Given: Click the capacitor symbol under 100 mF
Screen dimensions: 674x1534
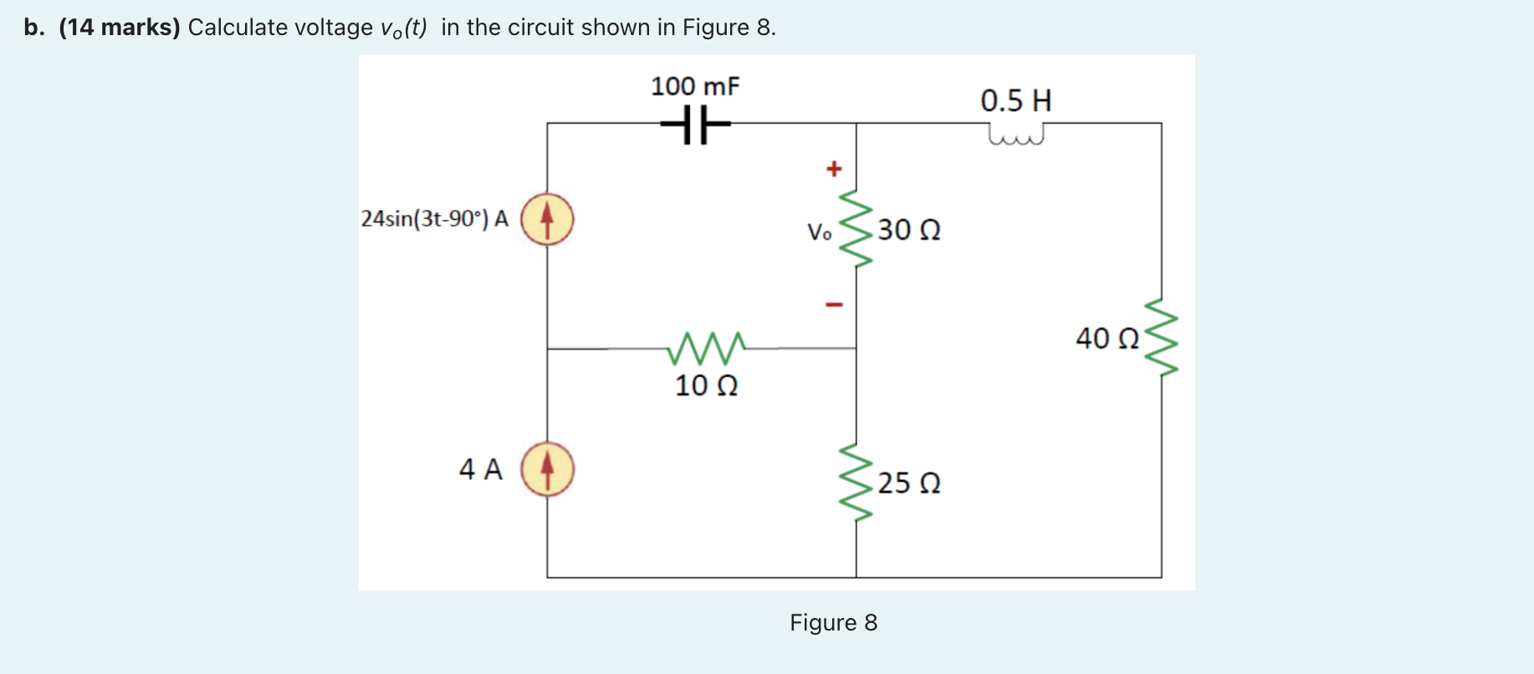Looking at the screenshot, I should pos(695,124).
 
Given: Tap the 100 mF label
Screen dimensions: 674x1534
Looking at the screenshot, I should pos(695,86).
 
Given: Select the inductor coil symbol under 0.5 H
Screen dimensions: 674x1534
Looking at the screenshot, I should pos(1016,135).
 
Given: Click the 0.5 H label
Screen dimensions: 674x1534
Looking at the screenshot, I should pos(1015,101).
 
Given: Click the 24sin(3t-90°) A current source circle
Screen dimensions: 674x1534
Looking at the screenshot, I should pos(547,219).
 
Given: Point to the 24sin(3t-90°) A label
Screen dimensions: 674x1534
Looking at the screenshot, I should pos(435,219).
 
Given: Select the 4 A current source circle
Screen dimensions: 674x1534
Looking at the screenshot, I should pos(547,469).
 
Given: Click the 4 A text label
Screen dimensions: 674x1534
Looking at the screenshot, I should pos(481,469).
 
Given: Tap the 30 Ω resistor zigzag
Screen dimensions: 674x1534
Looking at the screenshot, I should pos(856,228).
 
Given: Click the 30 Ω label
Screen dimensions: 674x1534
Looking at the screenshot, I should pos(909,230).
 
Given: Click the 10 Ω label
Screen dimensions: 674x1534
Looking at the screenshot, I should pos(706,386).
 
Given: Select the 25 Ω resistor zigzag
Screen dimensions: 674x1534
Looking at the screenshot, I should pos(856,483).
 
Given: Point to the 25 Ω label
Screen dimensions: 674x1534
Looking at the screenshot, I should pos(909,483).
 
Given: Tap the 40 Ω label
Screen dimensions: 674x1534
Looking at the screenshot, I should pos(1107,339).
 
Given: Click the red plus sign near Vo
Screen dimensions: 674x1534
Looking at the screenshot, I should pos(833,169).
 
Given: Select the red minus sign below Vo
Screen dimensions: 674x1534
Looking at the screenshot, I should pos(833,304).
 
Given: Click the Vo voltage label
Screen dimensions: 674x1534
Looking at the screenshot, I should pos(819,232).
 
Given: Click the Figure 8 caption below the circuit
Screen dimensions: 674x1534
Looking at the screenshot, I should pos(833,623).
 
